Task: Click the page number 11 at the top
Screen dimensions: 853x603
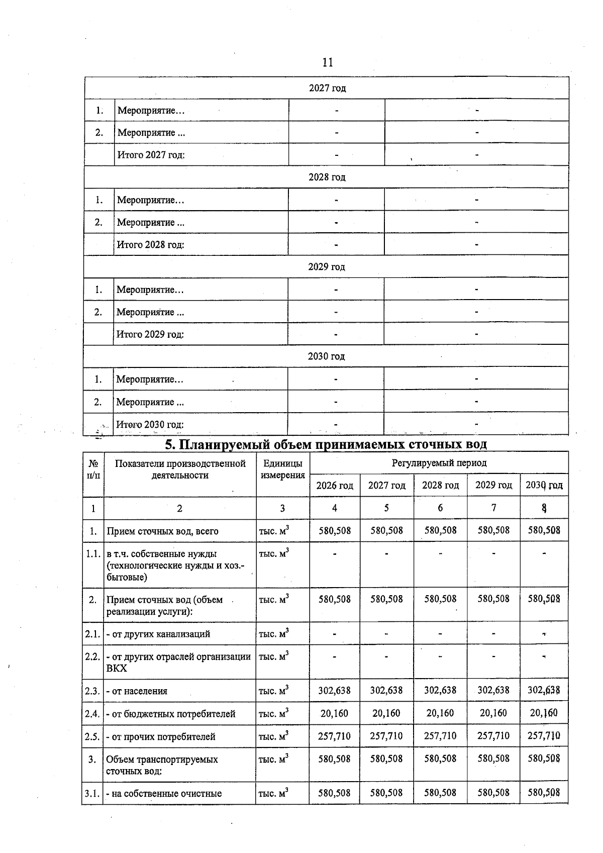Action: click(x=327, y=62)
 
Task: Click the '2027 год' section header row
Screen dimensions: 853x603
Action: click(x=327, y=88)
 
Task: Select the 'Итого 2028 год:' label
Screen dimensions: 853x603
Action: click(x=150, y=245)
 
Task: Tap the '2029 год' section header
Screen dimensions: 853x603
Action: click(x=327, y=267)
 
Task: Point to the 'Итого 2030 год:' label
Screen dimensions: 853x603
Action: click(x=150, y=425)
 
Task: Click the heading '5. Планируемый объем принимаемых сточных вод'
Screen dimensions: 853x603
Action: click(x=326, y=444)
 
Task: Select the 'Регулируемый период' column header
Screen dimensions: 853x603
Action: click(x=439, y=462)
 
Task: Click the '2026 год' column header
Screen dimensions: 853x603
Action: click(x=335, y=486)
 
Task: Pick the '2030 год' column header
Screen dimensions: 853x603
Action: click(x=544, y=485)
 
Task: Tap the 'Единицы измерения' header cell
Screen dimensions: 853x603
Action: click(x=282, y=469)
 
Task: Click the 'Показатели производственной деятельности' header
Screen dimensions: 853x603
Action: click(x=180, y=469)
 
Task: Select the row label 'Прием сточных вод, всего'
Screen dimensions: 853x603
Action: click(x=162, y=531)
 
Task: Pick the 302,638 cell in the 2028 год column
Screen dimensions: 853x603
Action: click(x=440, y=690)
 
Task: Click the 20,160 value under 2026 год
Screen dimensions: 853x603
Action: click(x=335, y=713)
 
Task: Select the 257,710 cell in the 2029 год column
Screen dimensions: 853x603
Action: click(x=493, y=736)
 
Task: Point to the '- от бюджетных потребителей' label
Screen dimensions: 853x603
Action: click(x=171, y=714)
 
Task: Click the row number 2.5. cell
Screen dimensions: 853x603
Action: click(x=92, y=736)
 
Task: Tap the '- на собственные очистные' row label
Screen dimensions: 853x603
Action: click(x=164, y=794)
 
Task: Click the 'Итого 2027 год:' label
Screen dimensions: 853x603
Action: click(x=151, y=155)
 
